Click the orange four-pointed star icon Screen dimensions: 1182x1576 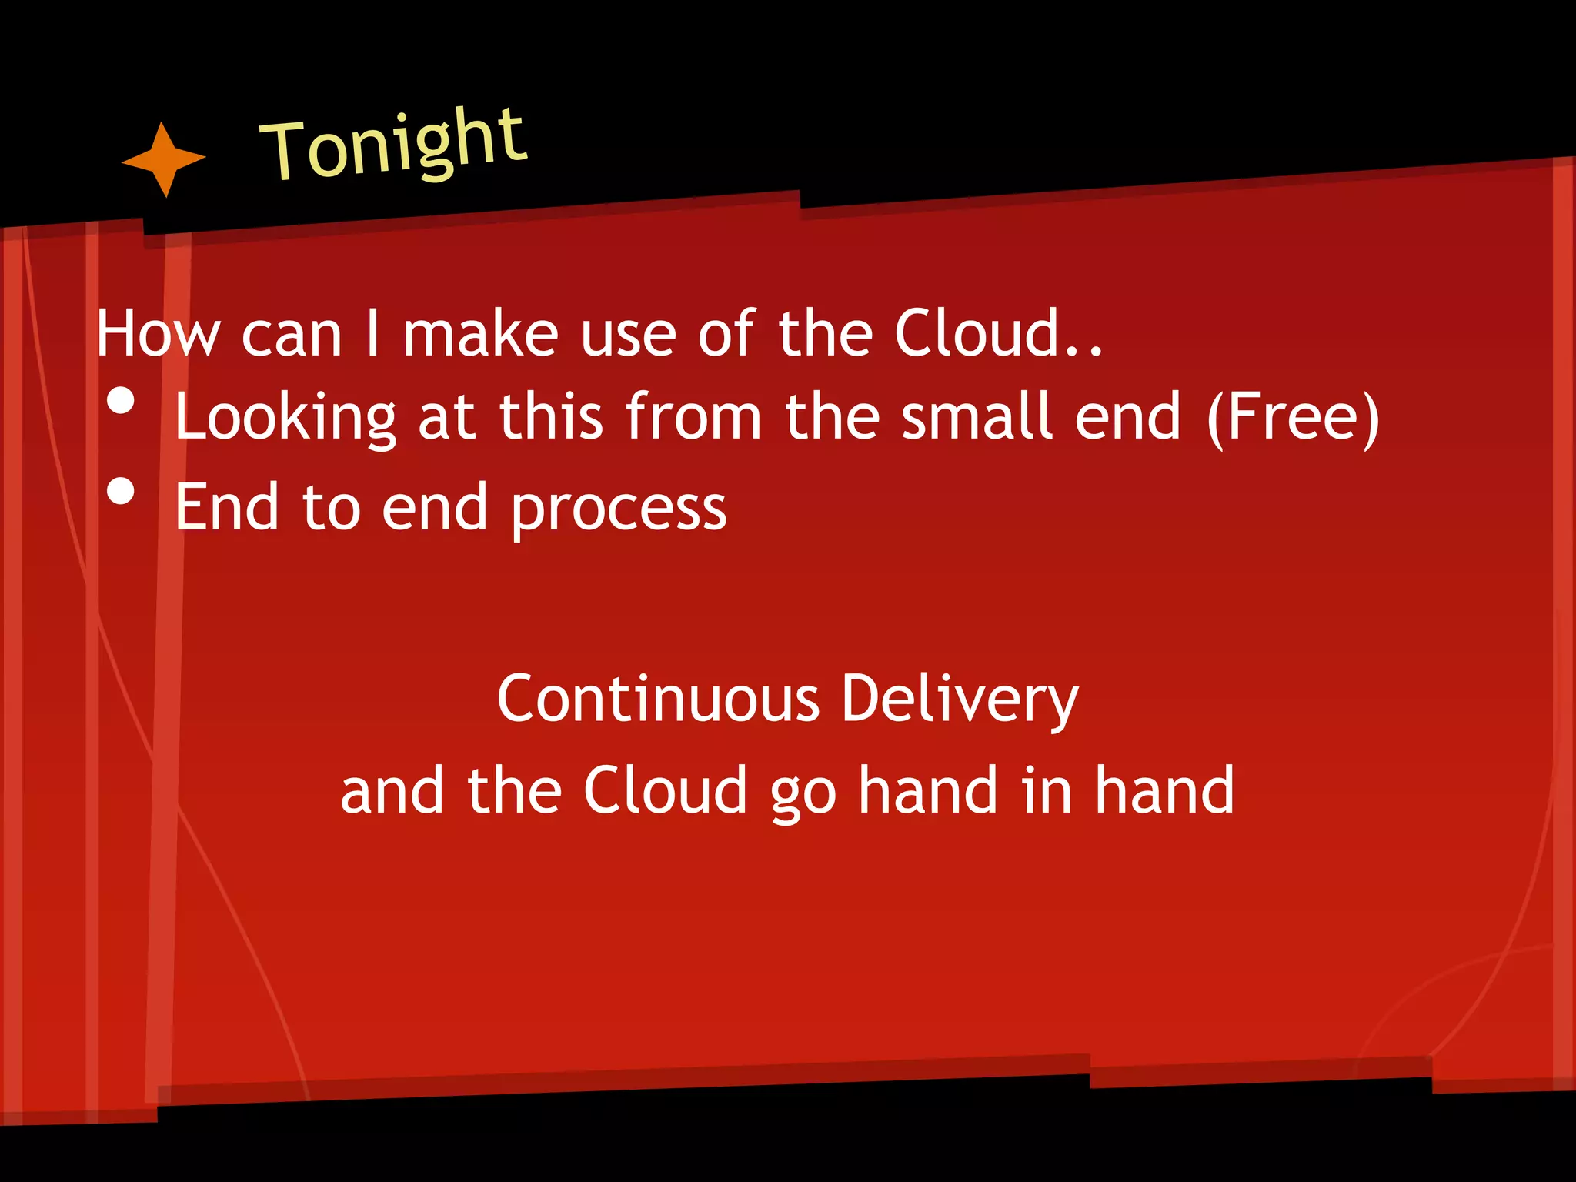click(x=163, y=159)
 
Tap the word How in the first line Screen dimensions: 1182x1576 click(x=158, y=334)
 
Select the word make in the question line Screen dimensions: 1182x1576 click(x=480, y=334)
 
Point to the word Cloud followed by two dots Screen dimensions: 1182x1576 click(x=997, y=334)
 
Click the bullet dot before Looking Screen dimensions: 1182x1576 click(x=121, y=401)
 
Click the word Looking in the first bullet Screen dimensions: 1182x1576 click(x=285, y=418)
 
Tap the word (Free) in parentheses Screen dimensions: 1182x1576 click(x=1293, y=418)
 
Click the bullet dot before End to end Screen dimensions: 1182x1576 click(x=121, y=491)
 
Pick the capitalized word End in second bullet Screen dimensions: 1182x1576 click(x=227, y=507)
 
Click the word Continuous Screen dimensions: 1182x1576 click(x=659, y=699)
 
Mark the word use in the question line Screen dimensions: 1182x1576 click(x=628, y=336)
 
